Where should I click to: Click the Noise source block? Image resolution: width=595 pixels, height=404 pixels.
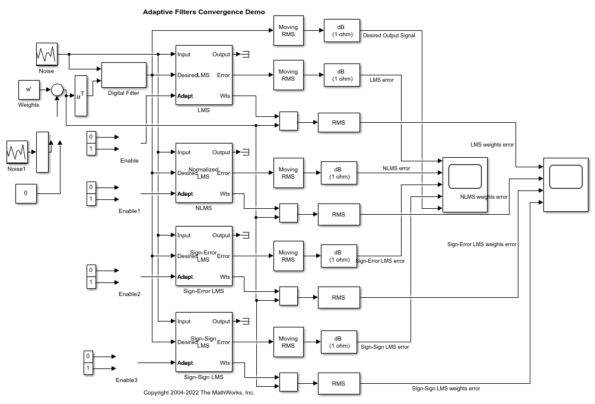point(47,54)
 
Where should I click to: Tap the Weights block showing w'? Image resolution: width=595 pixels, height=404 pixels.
point(28,90)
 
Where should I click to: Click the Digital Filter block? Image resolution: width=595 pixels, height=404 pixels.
point(124,75)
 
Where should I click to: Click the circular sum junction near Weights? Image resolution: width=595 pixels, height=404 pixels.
point(57,90)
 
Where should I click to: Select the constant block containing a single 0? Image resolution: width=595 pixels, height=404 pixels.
point(26,193)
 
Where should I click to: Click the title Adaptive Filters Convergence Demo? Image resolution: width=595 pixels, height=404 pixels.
point(203,12)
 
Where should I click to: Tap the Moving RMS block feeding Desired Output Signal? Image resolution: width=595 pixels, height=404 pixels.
point(288,31)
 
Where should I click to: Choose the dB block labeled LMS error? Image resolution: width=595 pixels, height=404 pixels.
point(342,75)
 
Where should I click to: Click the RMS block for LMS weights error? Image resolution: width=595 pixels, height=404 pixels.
point(339,123)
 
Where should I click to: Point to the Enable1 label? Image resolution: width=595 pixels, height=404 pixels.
point(129,211)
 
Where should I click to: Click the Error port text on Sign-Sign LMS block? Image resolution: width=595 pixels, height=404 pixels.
point(223,342)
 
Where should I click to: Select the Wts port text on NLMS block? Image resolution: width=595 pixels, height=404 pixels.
point(225,193)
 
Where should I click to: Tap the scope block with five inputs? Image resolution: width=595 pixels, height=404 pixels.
point(465,184)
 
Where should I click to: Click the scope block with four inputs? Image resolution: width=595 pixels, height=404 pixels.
point(566,184)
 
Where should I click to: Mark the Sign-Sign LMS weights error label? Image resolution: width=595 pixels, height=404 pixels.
point(446,389)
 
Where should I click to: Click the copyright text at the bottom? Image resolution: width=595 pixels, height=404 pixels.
point(199,393)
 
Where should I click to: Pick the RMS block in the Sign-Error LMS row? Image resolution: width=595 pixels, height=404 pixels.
point(339,298)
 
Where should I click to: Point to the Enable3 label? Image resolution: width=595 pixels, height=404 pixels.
point(126,380)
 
